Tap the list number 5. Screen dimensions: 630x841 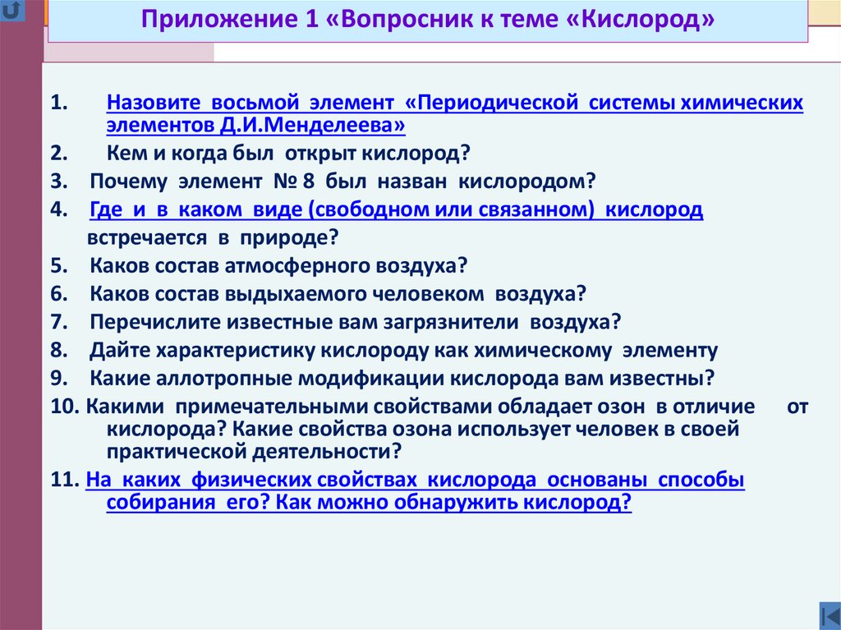[55, 265]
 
